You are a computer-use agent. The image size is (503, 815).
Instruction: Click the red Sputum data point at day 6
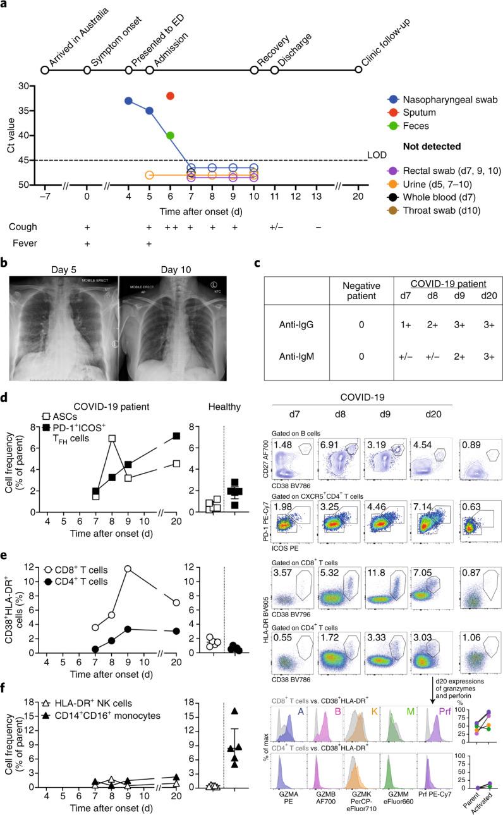coord(170,95)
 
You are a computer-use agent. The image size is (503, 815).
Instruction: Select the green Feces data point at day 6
coord(170,135)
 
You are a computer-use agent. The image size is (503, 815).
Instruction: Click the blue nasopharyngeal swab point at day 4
coord(128,101)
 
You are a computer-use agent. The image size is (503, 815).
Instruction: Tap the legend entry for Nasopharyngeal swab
coord(442,99)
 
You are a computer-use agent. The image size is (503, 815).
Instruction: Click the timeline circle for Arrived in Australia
coord(44,70)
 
